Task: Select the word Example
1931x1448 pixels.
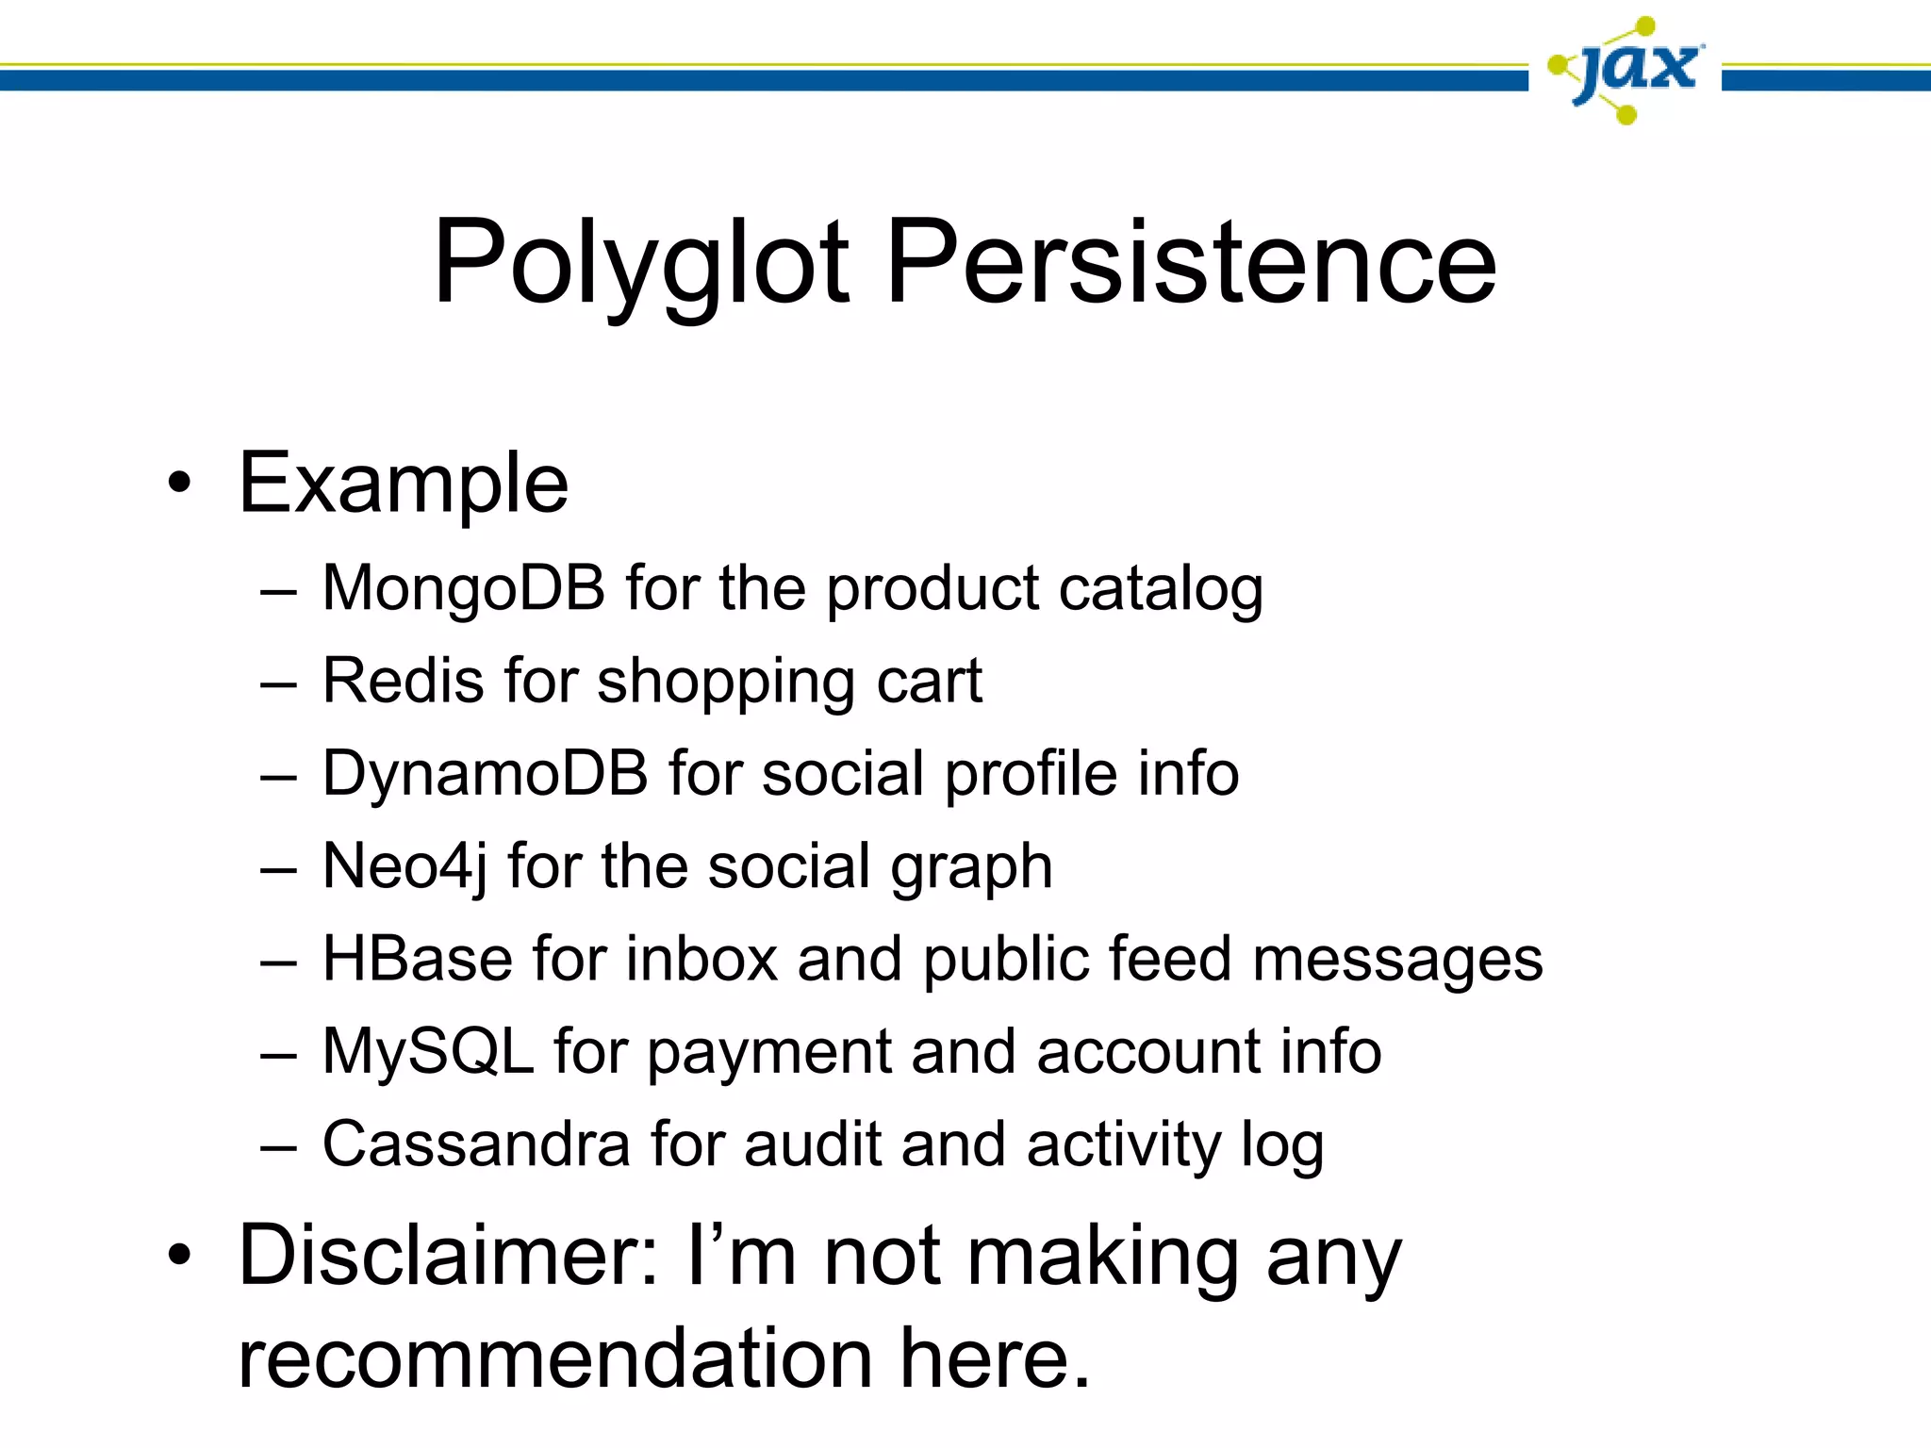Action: pyautogui.click(x=404, y=484)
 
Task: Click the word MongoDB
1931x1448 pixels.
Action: pyautogui.click(x=463, y=588)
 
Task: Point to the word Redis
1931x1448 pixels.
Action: pyautogui.click(x=403, y=680)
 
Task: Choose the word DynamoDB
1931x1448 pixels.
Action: pyautogui.click(x=485, y=773)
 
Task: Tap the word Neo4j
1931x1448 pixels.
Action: pyautogui.click(x=404, y=866)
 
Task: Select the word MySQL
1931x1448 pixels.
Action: pyautogui.click(x=427, y=1051)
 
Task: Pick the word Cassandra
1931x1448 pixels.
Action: pyautogui.click(x=475, y=1144)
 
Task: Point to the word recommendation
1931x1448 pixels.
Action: pyautogui.click(x=555, y=1358)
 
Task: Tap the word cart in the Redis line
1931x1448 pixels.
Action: pyautogui.click(x=929, y=681)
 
